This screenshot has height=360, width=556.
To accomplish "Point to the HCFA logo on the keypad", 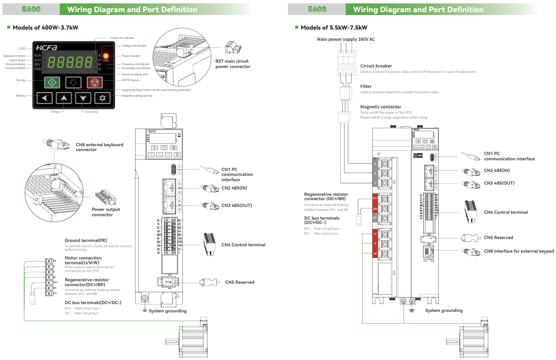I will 46,48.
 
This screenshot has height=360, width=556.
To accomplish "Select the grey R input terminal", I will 375,163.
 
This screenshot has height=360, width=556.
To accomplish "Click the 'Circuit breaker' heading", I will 376,66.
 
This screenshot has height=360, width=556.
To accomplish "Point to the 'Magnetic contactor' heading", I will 381,107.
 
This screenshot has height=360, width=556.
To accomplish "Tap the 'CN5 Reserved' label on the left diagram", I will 239,282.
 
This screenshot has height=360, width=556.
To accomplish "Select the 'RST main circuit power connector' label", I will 233,64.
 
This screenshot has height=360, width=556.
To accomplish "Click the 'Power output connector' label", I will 106,212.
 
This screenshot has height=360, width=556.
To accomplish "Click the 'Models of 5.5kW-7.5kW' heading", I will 334,28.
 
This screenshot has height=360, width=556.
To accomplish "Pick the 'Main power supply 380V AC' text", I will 346,39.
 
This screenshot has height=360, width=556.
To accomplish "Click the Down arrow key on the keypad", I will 84,98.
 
